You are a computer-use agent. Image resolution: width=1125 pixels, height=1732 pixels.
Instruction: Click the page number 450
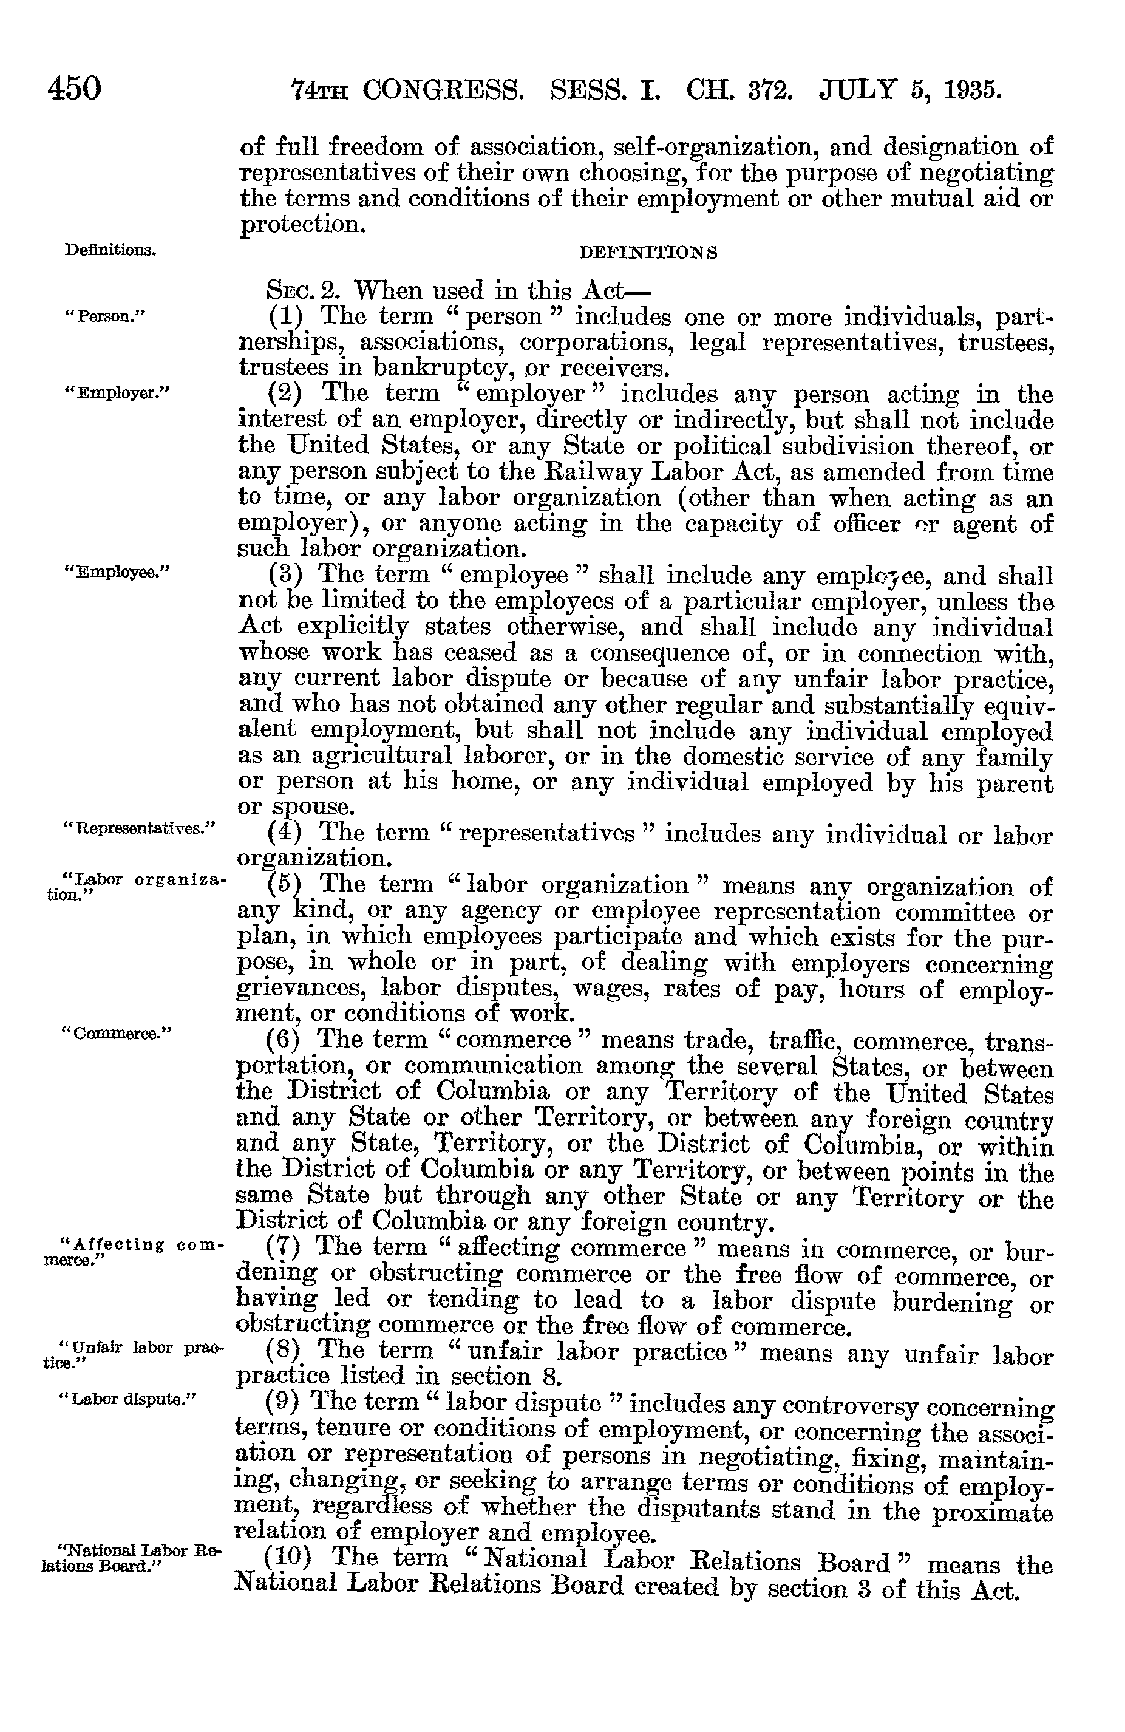[x=74, y=89]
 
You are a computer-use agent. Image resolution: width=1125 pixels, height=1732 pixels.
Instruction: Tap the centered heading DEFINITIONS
[x=648, y=253]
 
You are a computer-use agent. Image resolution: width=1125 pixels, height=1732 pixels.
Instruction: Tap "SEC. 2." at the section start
[x=304, y=291]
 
